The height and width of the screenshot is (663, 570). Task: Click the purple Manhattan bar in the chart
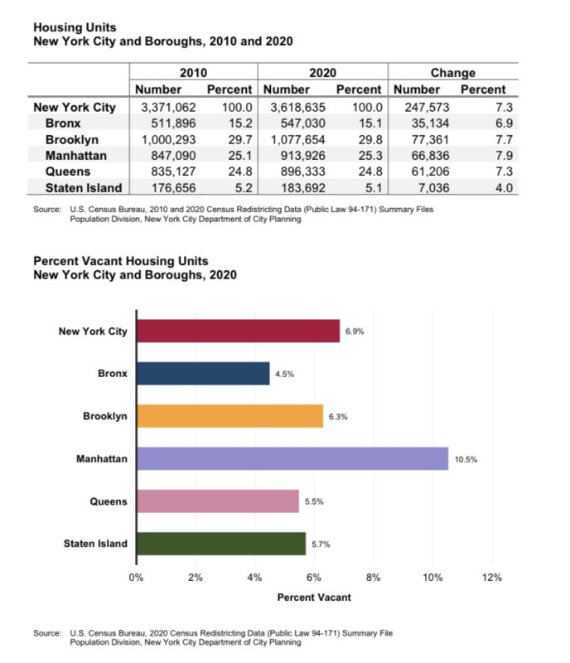292,458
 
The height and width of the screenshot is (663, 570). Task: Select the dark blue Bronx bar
203,374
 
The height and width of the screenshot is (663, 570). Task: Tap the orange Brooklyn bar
230,416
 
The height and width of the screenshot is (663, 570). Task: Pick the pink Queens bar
218,501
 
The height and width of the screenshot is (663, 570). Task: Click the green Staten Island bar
221,544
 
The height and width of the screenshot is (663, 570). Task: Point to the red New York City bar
239,331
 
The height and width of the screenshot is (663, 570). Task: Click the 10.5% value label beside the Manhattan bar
466,459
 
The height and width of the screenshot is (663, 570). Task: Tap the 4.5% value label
284,374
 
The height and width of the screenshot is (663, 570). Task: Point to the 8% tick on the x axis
373,577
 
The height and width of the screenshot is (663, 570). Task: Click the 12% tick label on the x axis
492,577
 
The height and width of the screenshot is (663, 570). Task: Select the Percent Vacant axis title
314,597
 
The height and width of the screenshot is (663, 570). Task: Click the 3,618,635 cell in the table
297,108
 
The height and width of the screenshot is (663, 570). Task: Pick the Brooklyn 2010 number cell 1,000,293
168,139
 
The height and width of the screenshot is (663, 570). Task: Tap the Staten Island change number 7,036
433,188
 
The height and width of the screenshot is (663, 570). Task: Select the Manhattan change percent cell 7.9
504,156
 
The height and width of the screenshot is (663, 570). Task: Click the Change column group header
453,73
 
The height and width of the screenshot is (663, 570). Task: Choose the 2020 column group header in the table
322,73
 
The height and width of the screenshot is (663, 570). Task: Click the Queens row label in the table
68,172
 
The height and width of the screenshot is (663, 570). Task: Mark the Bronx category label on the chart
113,374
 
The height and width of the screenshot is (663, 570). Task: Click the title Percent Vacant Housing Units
121,261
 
